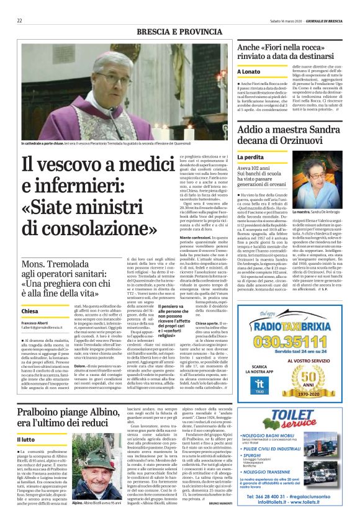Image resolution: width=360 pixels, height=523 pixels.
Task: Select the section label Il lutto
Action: (29, 439)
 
